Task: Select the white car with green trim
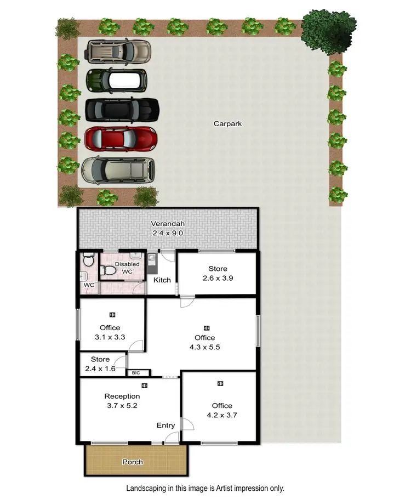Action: click(117, 80)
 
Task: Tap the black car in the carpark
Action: click(122, 109)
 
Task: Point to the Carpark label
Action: click(227, 124)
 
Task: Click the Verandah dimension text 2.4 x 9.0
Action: click(167, 233)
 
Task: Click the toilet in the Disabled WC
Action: click(108, 269)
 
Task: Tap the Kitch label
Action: click(162, 280)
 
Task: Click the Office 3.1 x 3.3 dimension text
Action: click(109, 337)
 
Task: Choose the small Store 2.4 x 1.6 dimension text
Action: click(100, 369)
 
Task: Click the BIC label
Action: click(136, 373)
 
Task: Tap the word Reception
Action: click(122, 396)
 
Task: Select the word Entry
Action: click(165, 426)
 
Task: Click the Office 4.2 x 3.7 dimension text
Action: click(221, 415)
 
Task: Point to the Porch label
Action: click(133, 462)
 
